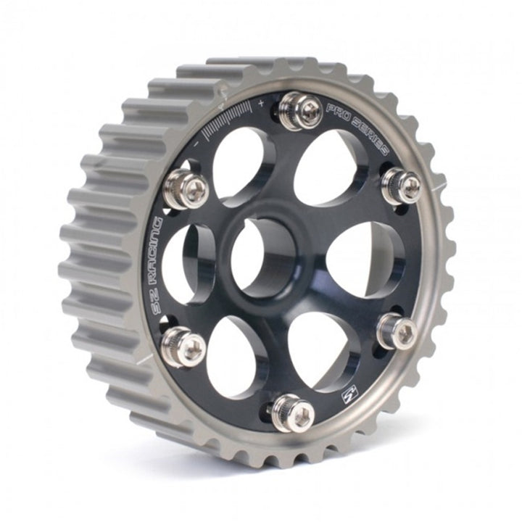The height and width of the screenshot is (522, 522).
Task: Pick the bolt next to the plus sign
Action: pyautogui.click(x=301, y=111)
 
